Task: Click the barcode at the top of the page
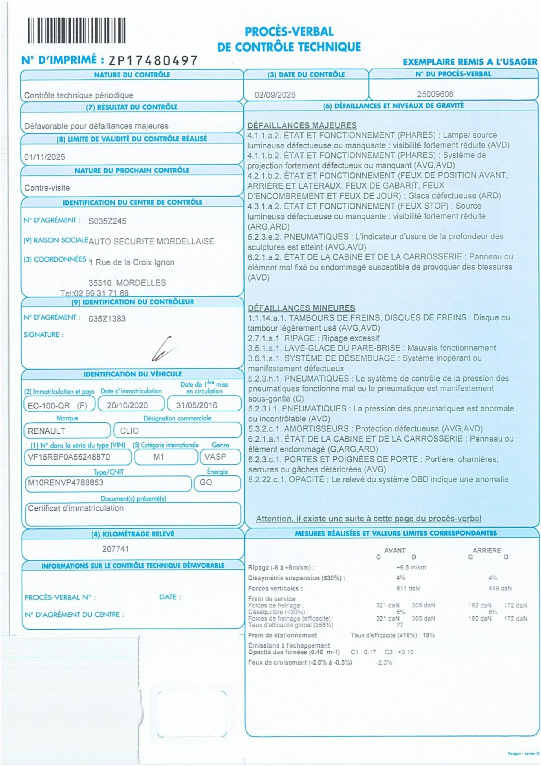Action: [76, 31]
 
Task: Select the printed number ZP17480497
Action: [153, 60]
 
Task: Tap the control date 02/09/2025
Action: [275, 95]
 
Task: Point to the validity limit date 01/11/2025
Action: [45, 157]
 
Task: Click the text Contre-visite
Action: [47, 188]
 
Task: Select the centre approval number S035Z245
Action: [107, 221]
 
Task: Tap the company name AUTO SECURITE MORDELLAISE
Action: [151, 241]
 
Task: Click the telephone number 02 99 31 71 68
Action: [101, 293]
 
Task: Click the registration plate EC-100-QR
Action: [49, 405]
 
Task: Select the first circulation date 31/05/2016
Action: [196, 405]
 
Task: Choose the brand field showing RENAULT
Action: [46, 431]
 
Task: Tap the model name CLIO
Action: [129, 431]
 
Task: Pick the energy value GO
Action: [205, 482]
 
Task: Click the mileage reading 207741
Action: [115, 549]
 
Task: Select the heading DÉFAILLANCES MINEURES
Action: [301, 308]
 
